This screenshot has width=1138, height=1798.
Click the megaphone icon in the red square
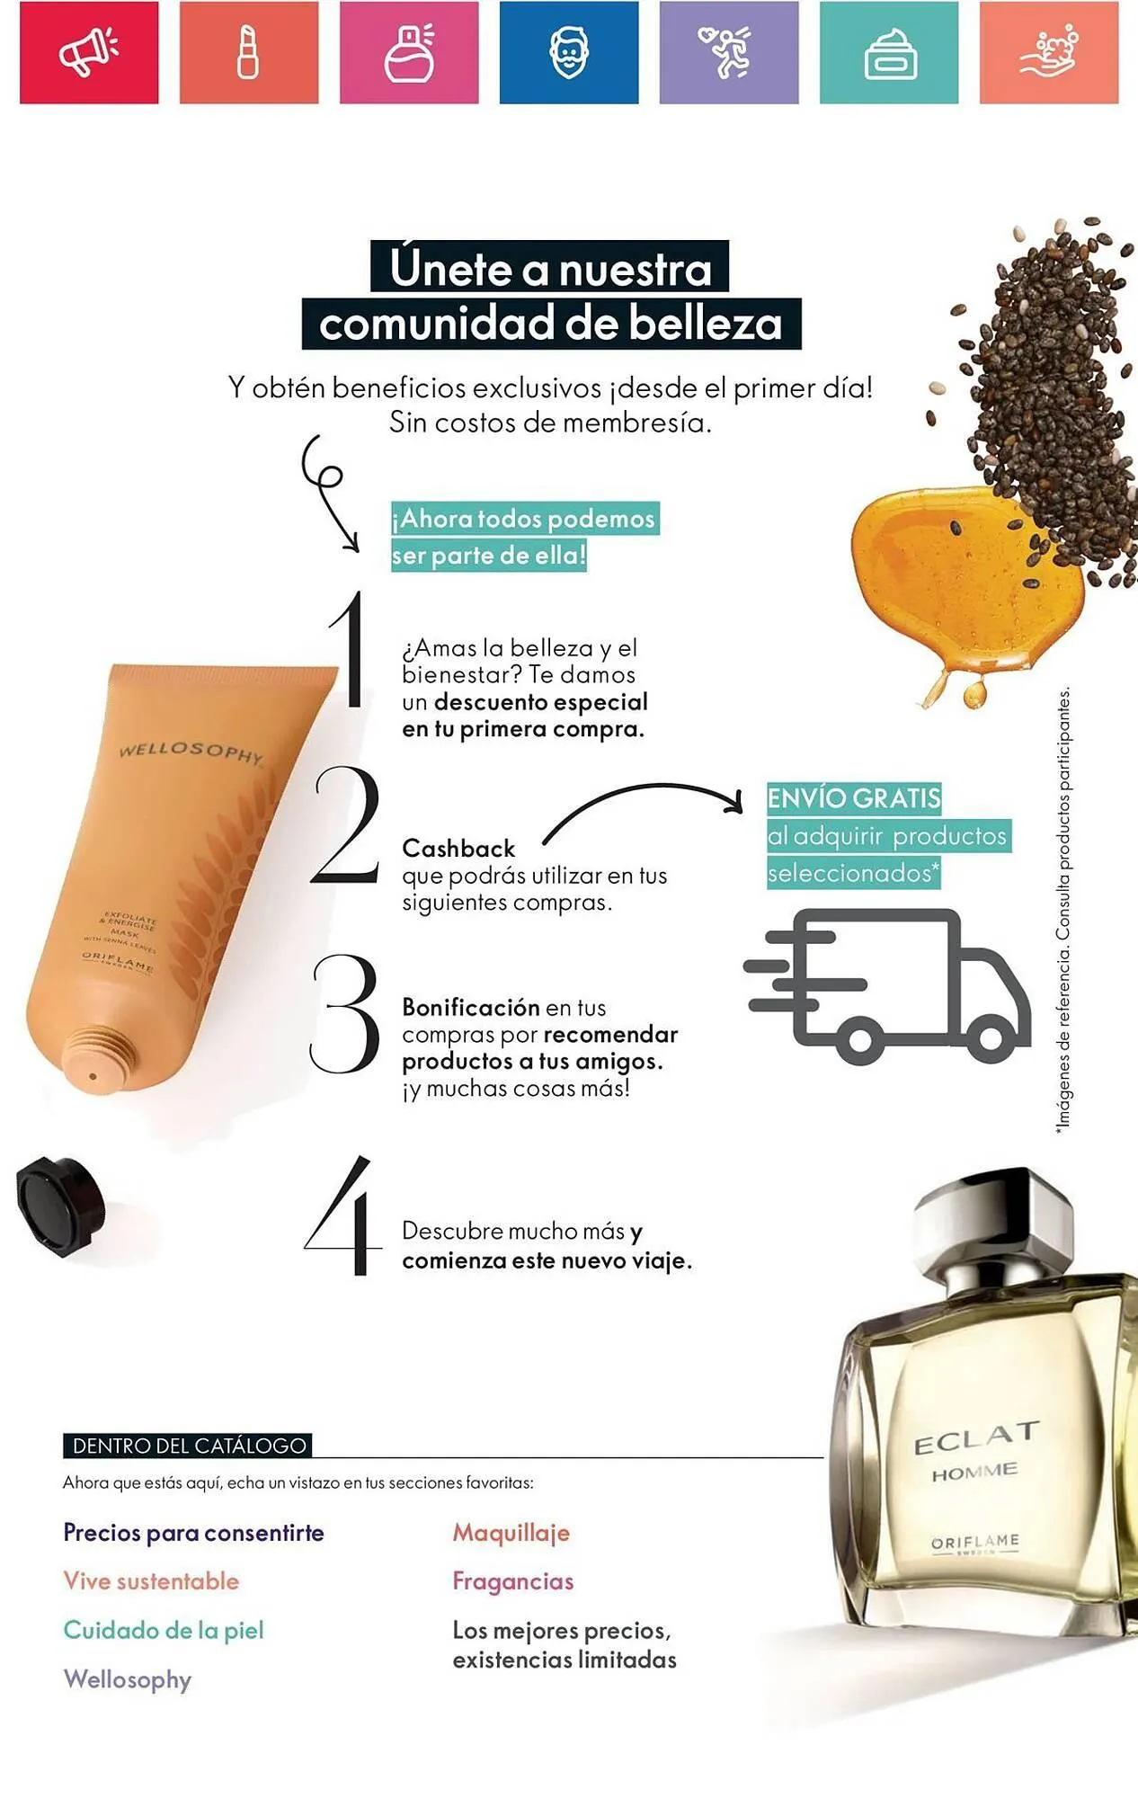tap(88, 52)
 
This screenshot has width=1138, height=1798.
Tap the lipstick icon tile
tap(248, 52)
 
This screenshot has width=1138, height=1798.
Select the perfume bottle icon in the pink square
tap(409, 52)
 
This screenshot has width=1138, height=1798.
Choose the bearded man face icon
tap(569, 52)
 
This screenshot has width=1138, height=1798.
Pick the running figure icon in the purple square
tap(728, 52)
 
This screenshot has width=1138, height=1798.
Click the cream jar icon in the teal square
tap(889, 52)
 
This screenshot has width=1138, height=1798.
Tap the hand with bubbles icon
tap(1049, 52)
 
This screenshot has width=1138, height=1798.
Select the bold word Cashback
tap(458, 849)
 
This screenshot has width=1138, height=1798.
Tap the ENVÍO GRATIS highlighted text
tap(853, 798)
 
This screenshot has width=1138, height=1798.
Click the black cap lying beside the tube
tap(59, 1205)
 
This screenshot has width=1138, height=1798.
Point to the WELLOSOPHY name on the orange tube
tap(191, 752)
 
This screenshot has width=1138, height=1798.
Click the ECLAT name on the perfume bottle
tap(976, 1438)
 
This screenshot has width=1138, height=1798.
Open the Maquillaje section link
tap(511, 1533)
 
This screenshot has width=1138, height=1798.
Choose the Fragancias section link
tap(512, 1581)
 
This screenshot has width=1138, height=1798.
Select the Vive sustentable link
tap(151, 1581)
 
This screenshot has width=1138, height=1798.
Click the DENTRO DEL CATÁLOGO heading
tap(189, 1446)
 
